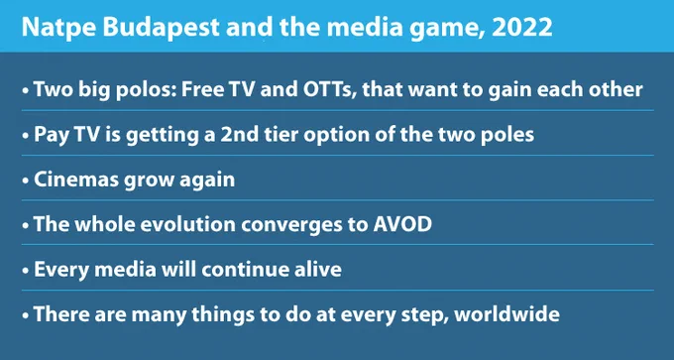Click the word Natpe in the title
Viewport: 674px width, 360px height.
[58, 27]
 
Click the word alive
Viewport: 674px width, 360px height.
[318, 269]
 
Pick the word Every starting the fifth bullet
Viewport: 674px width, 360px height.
[61, 270]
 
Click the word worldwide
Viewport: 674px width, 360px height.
[506, 313]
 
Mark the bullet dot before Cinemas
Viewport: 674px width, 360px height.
[26, 181]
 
